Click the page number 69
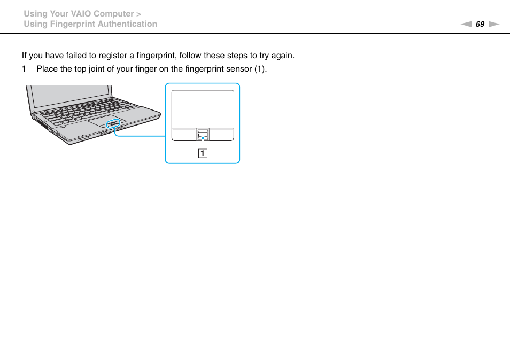click(x=480, y=24)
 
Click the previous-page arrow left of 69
click(x=466, y=24)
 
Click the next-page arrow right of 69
click(x=493, y=24)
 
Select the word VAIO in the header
click(x=80, y=13)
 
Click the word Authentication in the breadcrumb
click(x=128, y=24)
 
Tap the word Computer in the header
click(x=114, y=13)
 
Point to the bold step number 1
click(x=24, y=69)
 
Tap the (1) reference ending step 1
click(x=260, y=69)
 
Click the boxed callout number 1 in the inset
click(x=203, y=154)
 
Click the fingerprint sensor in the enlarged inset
click(x=203, y=134)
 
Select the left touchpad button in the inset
click(x=184, y=134)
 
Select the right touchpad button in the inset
click(x=221, y=134)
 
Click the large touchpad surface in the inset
click(x=203, y=108)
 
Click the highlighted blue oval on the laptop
click(x=114, y=124)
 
